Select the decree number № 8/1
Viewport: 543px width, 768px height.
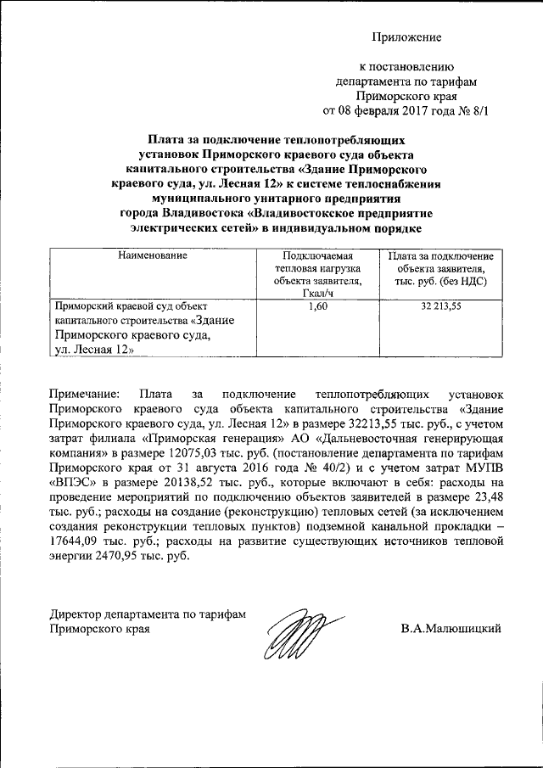(x=472, y=110)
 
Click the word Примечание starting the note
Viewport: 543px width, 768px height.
(x=86, y=395)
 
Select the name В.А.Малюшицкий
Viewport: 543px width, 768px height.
(x=451, y=629)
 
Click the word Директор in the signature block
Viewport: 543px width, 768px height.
(x=76, y=615)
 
